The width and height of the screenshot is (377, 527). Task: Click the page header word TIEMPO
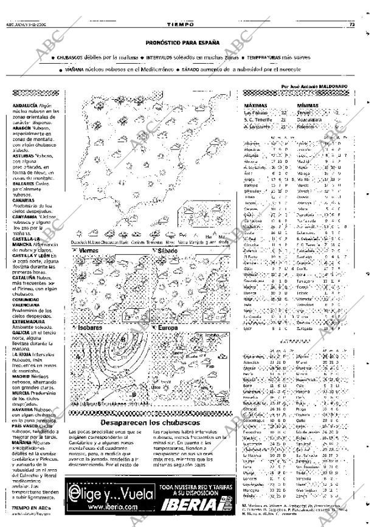pos(182,24)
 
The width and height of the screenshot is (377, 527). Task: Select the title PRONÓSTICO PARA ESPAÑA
pos(182,43)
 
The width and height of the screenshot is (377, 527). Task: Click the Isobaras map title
pos(91,326)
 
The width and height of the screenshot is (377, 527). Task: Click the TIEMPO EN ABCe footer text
pos(28,507)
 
